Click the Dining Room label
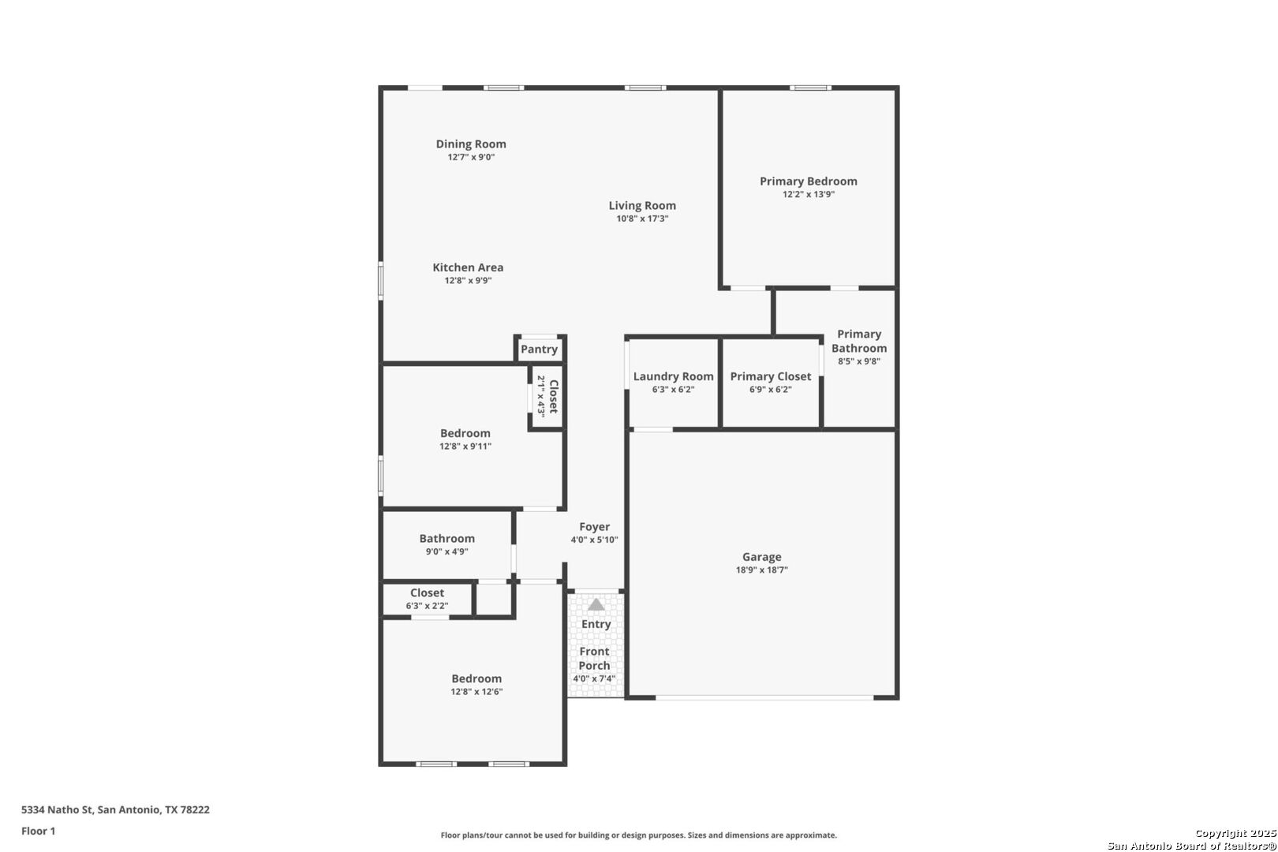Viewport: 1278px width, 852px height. [471, 144]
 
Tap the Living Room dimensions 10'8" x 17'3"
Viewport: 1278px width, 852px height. [642, 219]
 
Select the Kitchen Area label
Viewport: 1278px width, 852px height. [468, 267]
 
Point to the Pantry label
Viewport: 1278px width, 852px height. [539, 349]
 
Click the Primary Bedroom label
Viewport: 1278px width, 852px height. [808, 181]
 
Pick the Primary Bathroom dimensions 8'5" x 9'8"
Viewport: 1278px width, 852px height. [859, 361]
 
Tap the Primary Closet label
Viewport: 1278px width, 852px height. [770, 376]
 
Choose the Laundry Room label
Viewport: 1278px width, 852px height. [673, 376]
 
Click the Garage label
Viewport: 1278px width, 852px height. [761, 557]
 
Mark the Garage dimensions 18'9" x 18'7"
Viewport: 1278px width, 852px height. [761, 570]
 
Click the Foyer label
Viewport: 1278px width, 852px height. [594, 527]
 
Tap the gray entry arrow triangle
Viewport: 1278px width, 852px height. [596, 604]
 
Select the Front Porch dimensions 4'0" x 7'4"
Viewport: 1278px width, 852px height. [594, 678]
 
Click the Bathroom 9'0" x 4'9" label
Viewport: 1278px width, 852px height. [447, 539]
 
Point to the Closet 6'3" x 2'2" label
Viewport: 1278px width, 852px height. [427, 593]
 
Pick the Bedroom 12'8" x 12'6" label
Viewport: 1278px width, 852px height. [476, 678]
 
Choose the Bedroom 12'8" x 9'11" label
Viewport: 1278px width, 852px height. [465, 433]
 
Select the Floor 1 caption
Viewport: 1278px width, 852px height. [38, 831]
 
